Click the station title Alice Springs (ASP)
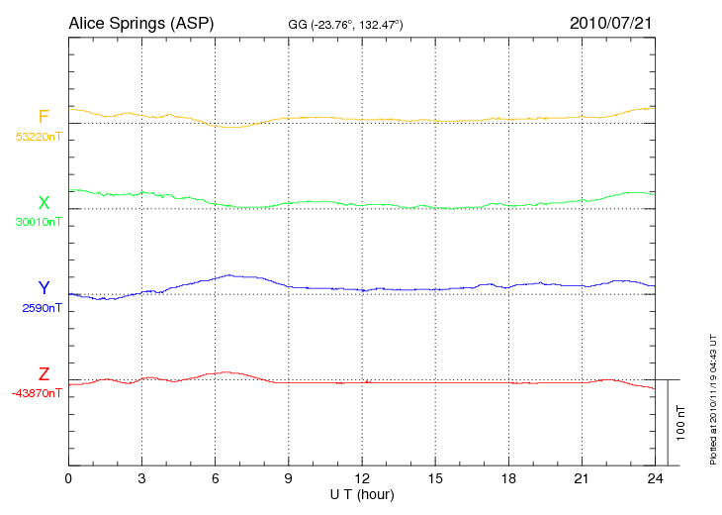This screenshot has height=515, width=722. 140,22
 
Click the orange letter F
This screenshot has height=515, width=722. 44,117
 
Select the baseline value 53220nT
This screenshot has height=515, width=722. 38,137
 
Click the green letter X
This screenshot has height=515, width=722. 44,203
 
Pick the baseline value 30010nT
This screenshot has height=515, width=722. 38,222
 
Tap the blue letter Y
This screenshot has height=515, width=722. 44,288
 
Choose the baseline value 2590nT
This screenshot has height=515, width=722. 42,308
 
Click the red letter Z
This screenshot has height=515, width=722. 44,374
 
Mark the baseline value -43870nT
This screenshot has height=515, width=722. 36,393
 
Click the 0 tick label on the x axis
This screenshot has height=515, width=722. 68,478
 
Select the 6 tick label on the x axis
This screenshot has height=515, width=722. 215,478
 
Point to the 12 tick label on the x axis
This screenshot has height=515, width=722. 362,478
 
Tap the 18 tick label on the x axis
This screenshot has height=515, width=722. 508,478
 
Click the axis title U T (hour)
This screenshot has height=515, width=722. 362,494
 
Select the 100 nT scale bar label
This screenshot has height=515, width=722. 681,422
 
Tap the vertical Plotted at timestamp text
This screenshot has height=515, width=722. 712,397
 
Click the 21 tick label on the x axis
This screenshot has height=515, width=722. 582,478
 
